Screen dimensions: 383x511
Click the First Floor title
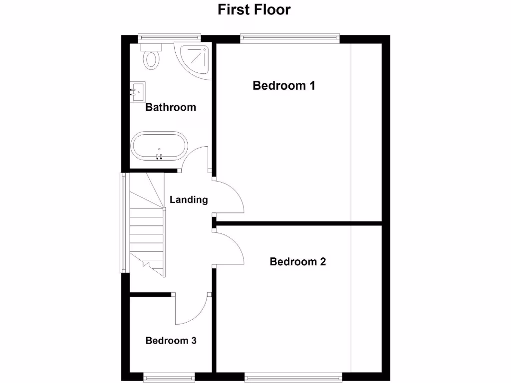tap(254, 9)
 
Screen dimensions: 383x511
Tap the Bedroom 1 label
tap(283, 85)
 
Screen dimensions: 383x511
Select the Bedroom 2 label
tap(297, 261)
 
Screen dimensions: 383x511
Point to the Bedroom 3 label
tap(171, 341)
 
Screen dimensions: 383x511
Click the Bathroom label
tap(170, 107)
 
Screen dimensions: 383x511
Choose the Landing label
tap(189, 199)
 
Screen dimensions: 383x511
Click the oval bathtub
tap(159, 147)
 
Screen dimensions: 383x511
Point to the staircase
tap(147, 224)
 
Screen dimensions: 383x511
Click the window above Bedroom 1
tap(290, 36)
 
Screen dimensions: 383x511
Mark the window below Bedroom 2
tap(293, 374)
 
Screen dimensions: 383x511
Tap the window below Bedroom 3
tap(169, 374)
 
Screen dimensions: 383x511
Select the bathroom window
tap(170, 36)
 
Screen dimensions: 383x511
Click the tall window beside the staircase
tap(122, 222)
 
